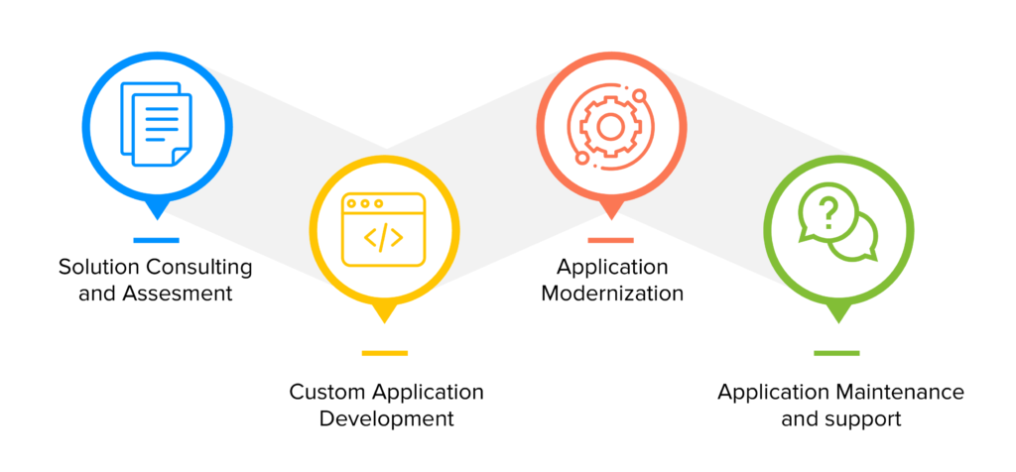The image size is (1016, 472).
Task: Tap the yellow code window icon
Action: [383, 229]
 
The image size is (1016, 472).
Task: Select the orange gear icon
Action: [610, 125]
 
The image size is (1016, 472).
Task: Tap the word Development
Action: [387, 418]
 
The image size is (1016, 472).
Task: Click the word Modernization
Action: [612, 294]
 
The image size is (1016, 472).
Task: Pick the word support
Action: [867, 418]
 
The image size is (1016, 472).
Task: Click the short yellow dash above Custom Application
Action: [384, 352]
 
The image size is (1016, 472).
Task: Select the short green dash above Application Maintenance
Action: [836, 352]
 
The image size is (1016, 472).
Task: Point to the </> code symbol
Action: [383, 238]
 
